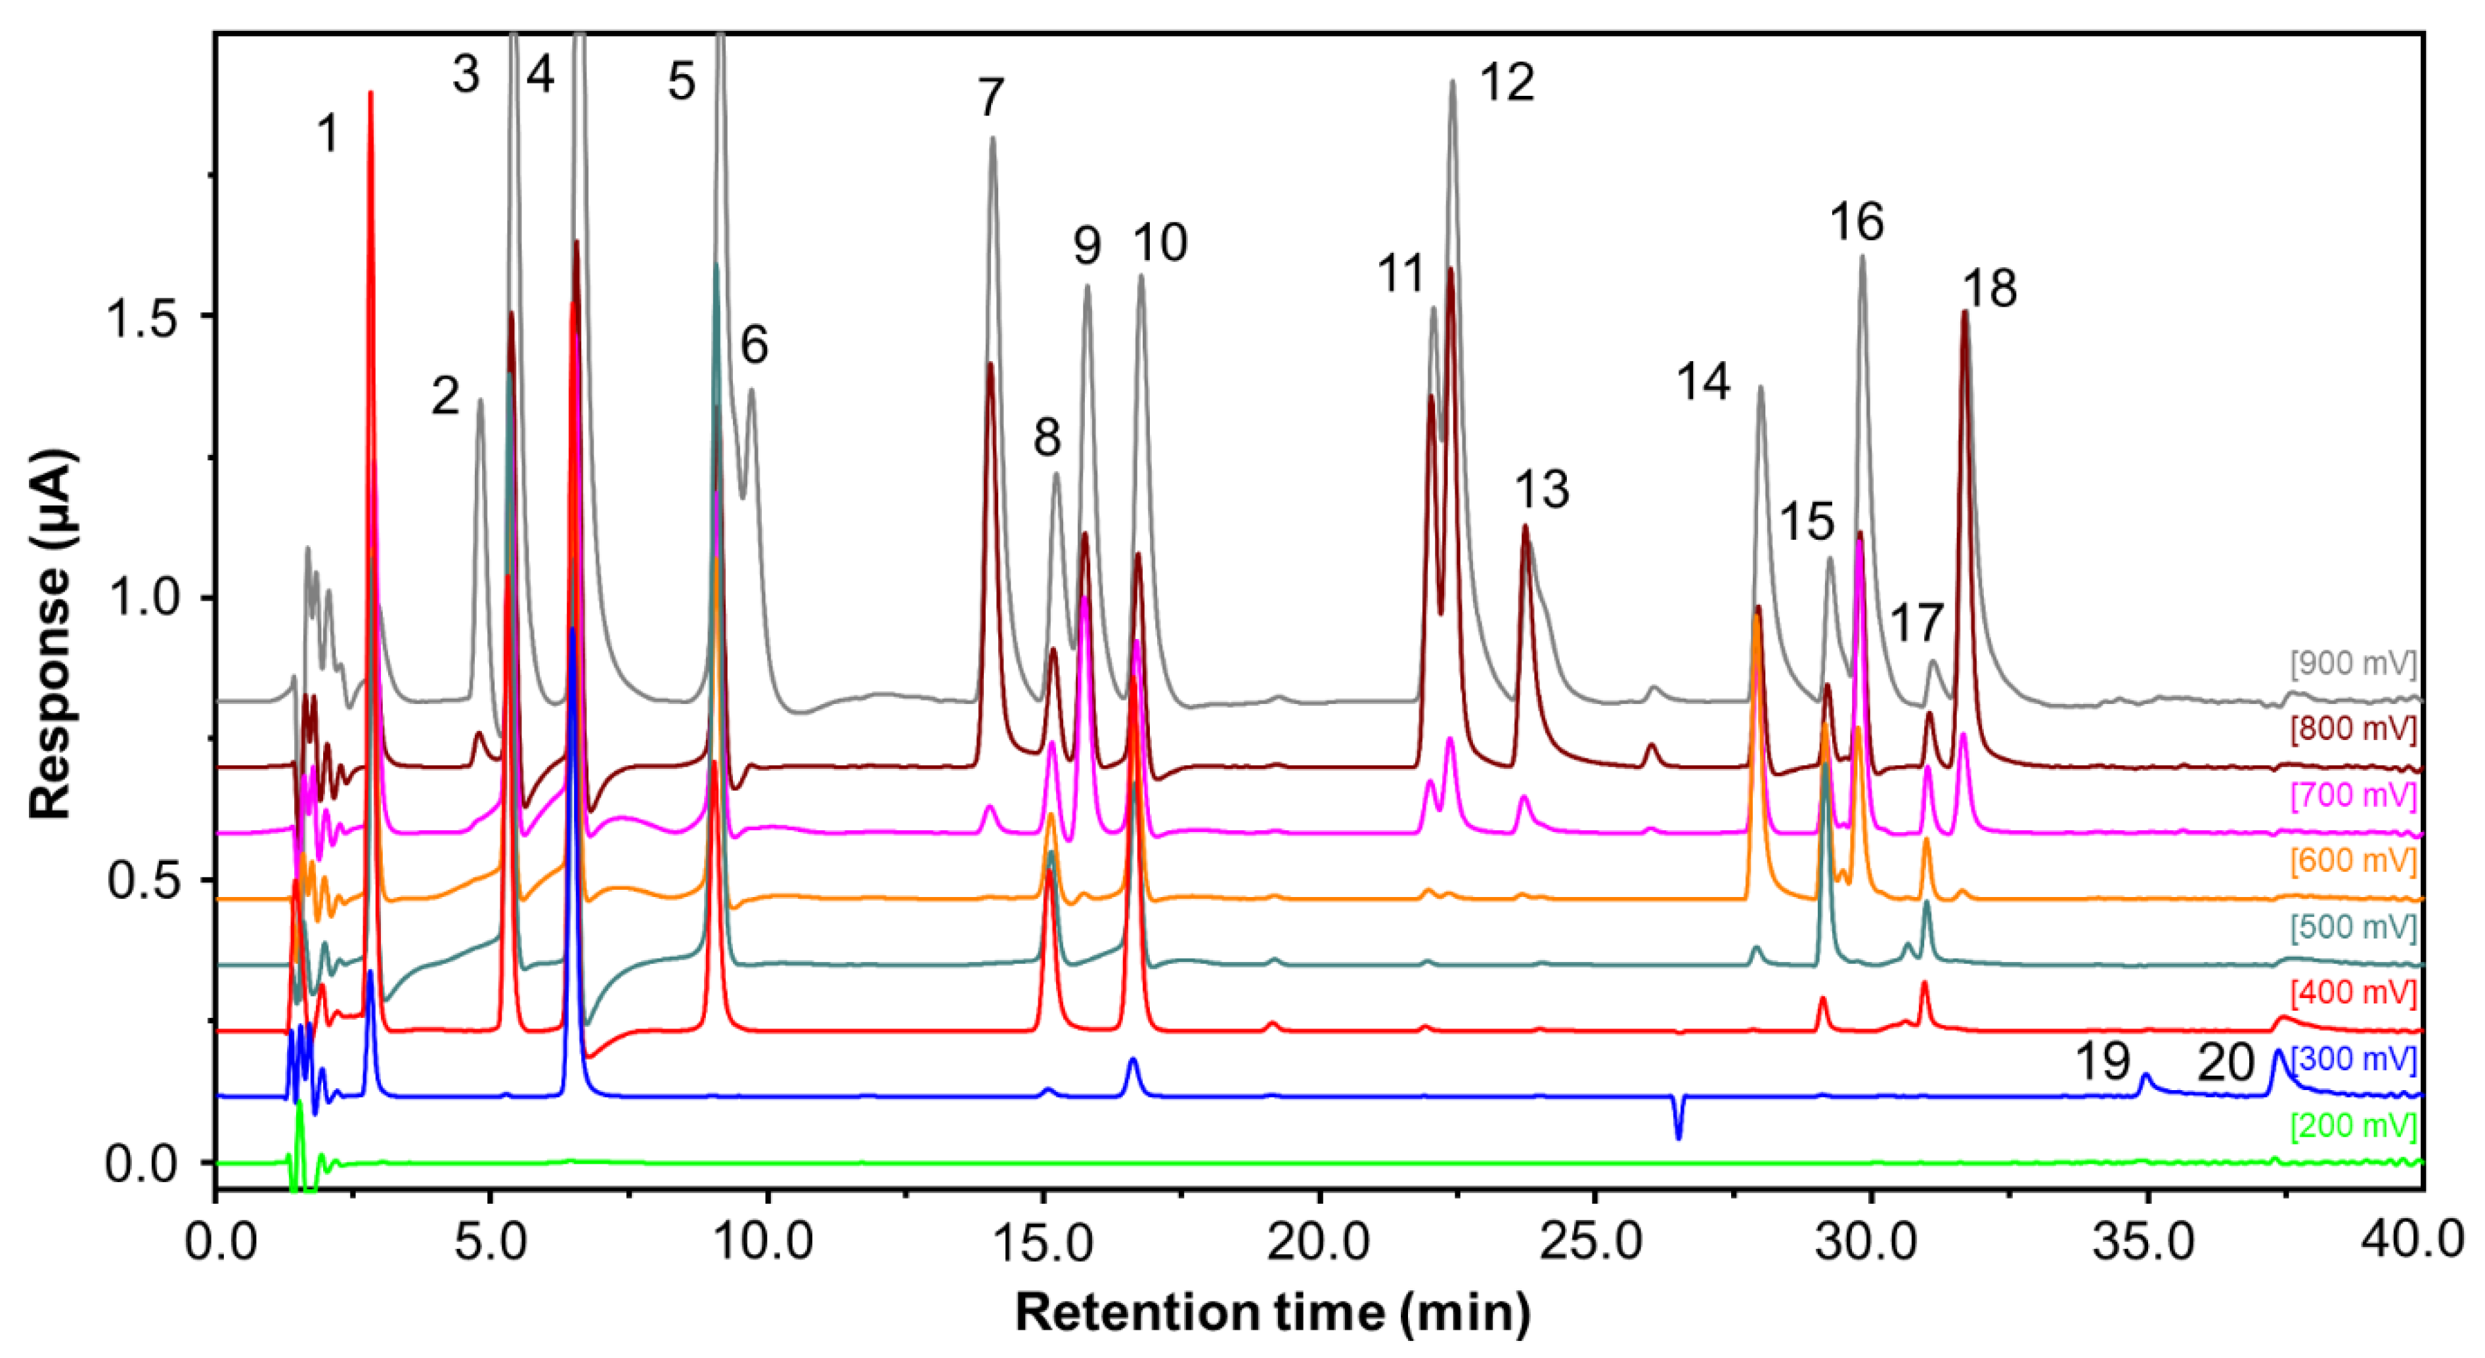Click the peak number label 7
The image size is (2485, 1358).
[991, 97]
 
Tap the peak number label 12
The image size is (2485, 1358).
[1506, 83]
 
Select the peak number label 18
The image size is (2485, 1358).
[1989, 288]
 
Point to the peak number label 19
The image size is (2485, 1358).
[2102, 1062]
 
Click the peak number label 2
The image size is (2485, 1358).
[445, 395]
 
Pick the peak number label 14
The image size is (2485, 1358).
[1704, 382]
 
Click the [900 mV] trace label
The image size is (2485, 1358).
[2353, 663]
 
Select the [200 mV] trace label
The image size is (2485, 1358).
[2353, 1126]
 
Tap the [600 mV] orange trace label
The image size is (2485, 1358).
[2353, 860]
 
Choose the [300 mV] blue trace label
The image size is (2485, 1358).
[2353, 1060]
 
